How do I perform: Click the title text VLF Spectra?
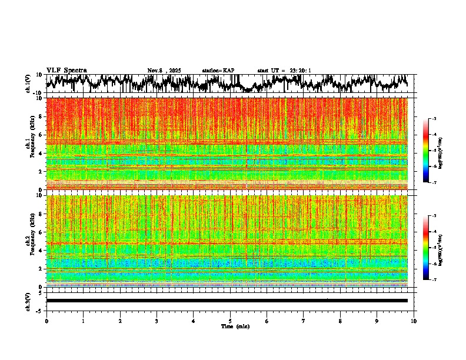click(66, 70)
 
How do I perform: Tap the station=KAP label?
click(218, 71)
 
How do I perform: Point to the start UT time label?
click(284, 71)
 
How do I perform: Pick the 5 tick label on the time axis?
click(230, 321)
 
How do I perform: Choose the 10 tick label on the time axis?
click(414, 321)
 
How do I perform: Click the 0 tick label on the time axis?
click(46, 321)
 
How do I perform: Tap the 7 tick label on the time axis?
click(304, 321)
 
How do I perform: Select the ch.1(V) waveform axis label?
click(28, 84)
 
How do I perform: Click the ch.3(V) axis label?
click(28, 301)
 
